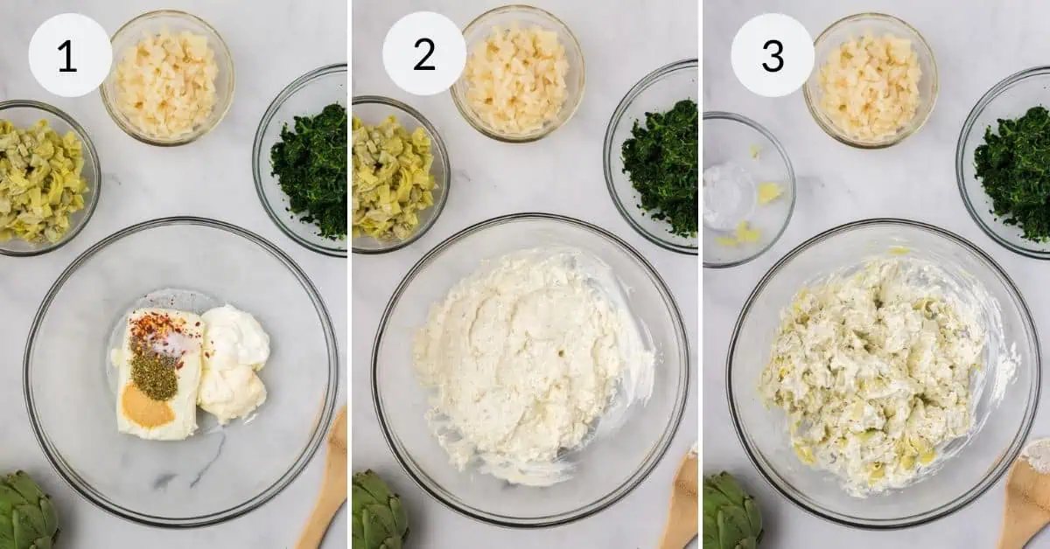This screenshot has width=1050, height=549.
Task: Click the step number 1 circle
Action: [69, 55]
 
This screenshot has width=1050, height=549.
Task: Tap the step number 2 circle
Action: [424, 54]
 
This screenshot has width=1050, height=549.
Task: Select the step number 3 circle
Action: [773, 55]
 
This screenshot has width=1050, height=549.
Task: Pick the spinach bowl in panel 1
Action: [307, 166]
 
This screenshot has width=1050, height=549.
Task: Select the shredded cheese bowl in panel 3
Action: [870, 84]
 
